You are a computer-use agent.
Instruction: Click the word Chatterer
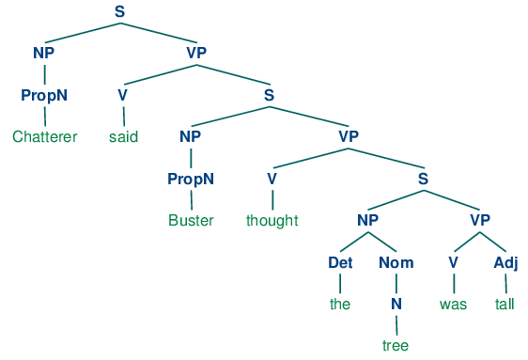coord(44,137)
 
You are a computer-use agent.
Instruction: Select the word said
coord(123,137)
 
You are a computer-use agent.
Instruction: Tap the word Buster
coord(192,221)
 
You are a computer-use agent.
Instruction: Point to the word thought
coord(272,221)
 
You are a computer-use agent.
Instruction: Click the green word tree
coord(396,346)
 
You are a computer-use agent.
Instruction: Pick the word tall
coord(506,305)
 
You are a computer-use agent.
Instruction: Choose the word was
coord(453,305)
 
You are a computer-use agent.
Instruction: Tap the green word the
coord(339,305)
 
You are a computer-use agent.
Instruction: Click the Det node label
coord(339,262)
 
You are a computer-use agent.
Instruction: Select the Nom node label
coord(396,262)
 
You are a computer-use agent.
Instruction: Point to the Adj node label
coord(505,262)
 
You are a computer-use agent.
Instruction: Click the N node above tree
coord(396,305)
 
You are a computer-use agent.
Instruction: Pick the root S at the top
coord(119,11)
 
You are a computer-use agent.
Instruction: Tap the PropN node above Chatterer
coord(44,95)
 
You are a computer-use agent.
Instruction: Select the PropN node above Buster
coord(192,179)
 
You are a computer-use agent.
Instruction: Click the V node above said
coord(122,95)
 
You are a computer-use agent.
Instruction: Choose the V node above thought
coord(272,179)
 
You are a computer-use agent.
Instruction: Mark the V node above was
coord(453,262)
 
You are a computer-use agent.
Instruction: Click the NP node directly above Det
coord(367,221)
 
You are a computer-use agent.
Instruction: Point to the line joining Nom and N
coord(396,284)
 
